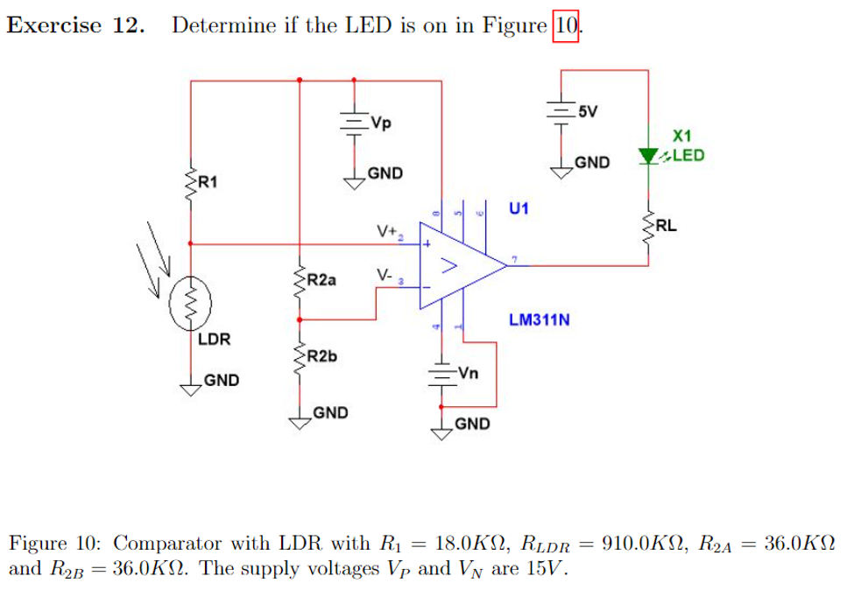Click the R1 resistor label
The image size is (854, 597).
tap(208, 182)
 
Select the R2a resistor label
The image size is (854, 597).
tap(321, 279)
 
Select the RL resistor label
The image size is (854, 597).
tap(666, 225)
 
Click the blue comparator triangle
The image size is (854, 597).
tap(455, 263)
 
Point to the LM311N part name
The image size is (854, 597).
tap(539, 320)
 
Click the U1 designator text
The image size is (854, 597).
tap(519, 208)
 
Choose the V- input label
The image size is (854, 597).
tap(385, 274)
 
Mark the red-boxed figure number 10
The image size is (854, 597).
tap(567, 25)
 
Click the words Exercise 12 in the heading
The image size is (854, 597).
tap(75, 25)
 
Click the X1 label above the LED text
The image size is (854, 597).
tap(682, 136)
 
